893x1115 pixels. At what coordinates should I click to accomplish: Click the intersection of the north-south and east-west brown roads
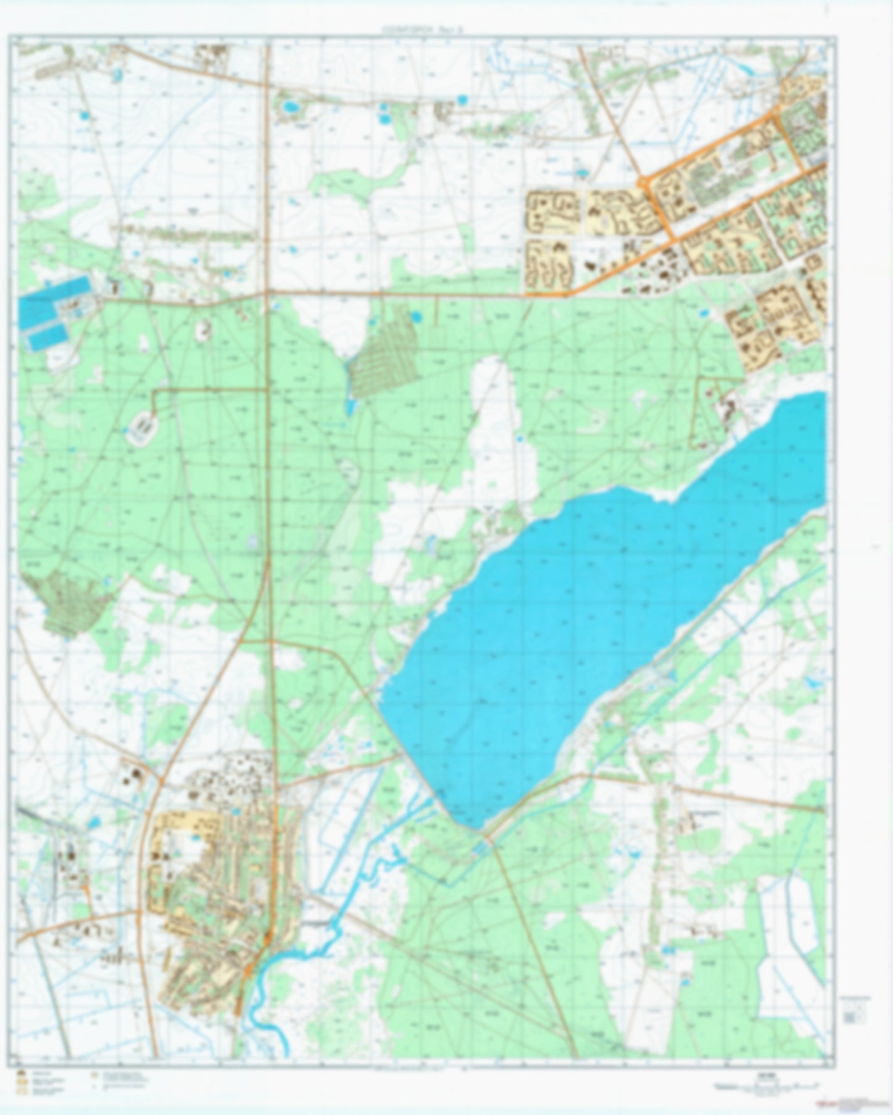(267, 291)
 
